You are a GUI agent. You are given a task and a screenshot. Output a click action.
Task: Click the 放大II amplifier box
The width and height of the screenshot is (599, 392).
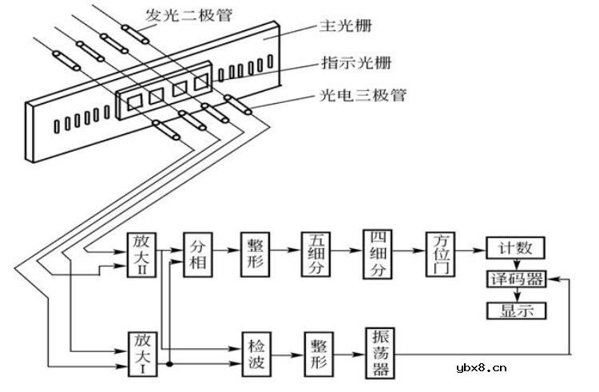click(x=141, y=255)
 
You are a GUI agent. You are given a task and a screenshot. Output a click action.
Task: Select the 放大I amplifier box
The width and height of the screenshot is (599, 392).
click(x=141, y=352)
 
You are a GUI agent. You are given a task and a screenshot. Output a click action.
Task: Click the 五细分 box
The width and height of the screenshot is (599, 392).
click(x=315, y=254)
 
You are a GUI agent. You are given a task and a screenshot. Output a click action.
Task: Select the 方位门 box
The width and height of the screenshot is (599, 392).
click(x=441, y=254)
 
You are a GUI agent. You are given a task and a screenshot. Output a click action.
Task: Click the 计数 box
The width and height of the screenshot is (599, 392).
click(x=516, y=249)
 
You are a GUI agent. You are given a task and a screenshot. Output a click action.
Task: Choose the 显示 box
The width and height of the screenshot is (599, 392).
click(x=516, y=310)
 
